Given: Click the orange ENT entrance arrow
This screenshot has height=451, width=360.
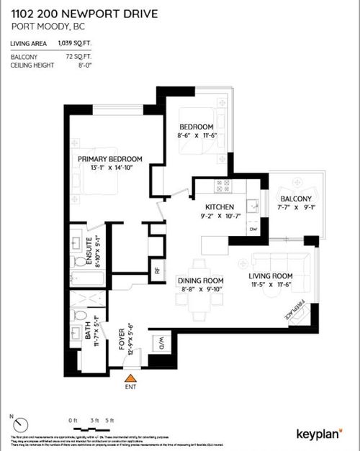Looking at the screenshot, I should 130,377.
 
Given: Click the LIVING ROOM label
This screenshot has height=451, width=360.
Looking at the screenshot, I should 271,275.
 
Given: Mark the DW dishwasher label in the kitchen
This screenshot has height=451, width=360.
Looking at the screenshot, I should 253,229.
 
